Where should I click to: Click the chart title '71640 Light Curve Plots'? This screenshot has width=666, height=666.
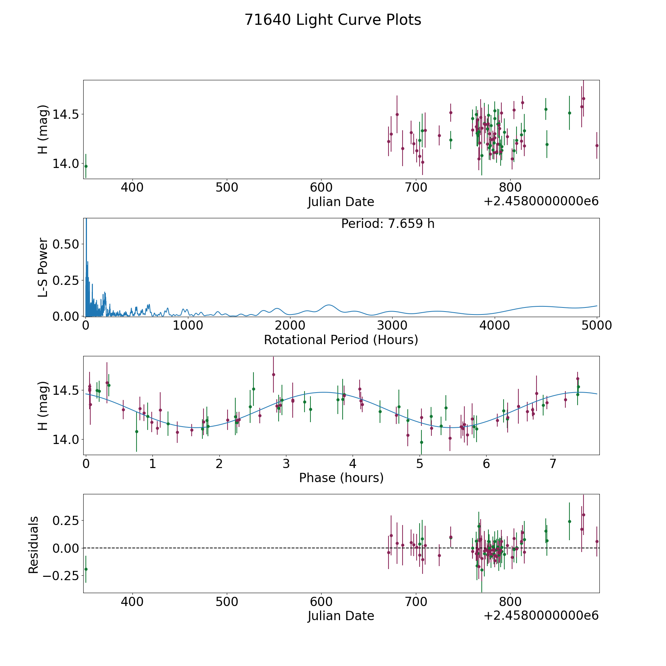click(333, 20)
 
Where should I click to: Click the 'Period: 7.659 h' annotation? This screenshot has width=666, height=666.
click(388, 224)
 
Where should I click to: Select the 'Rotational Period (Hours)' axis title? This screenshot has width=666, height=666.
click(341, 340)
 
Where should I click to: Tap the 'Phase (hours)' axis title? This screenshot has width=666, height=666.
click(341, 478)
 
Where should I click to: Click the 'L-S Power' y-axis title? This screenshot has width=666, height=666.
click(43, 267)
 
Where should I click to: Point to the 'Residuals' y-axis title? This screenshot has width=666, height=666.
click(34, 545)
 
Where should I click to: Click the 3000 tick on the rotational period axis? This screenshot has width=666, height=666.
click(392, 325)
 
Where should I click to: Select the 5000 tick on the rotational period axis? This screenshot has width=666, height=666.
click(596, 325)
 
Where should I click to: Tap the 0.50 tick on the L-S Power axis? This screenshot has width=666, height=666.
click(66, 244)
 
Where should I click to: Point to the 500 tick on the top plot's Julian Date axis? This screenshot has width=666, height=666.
click(227, 188)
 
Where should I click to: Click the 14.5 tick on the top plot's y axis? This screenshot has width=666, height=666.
click(66, 114)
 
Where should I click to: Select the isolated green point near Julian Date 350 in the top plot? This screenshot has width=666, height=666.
click(86, 166)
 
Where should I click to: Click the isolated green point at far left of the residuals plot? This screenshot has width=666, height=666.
click(86, 569)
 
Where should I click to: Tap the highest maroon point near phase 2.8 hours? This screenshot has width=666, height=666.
click(273, 374)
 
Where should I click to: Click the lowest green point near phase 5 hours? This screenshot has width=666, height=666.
click(421, 442)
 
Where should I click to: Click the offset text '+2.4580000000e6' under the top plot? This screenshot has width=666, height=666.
click(541, 201)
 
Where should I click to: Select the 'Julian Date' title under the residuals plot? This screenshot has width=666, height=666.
click(341, 616)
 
